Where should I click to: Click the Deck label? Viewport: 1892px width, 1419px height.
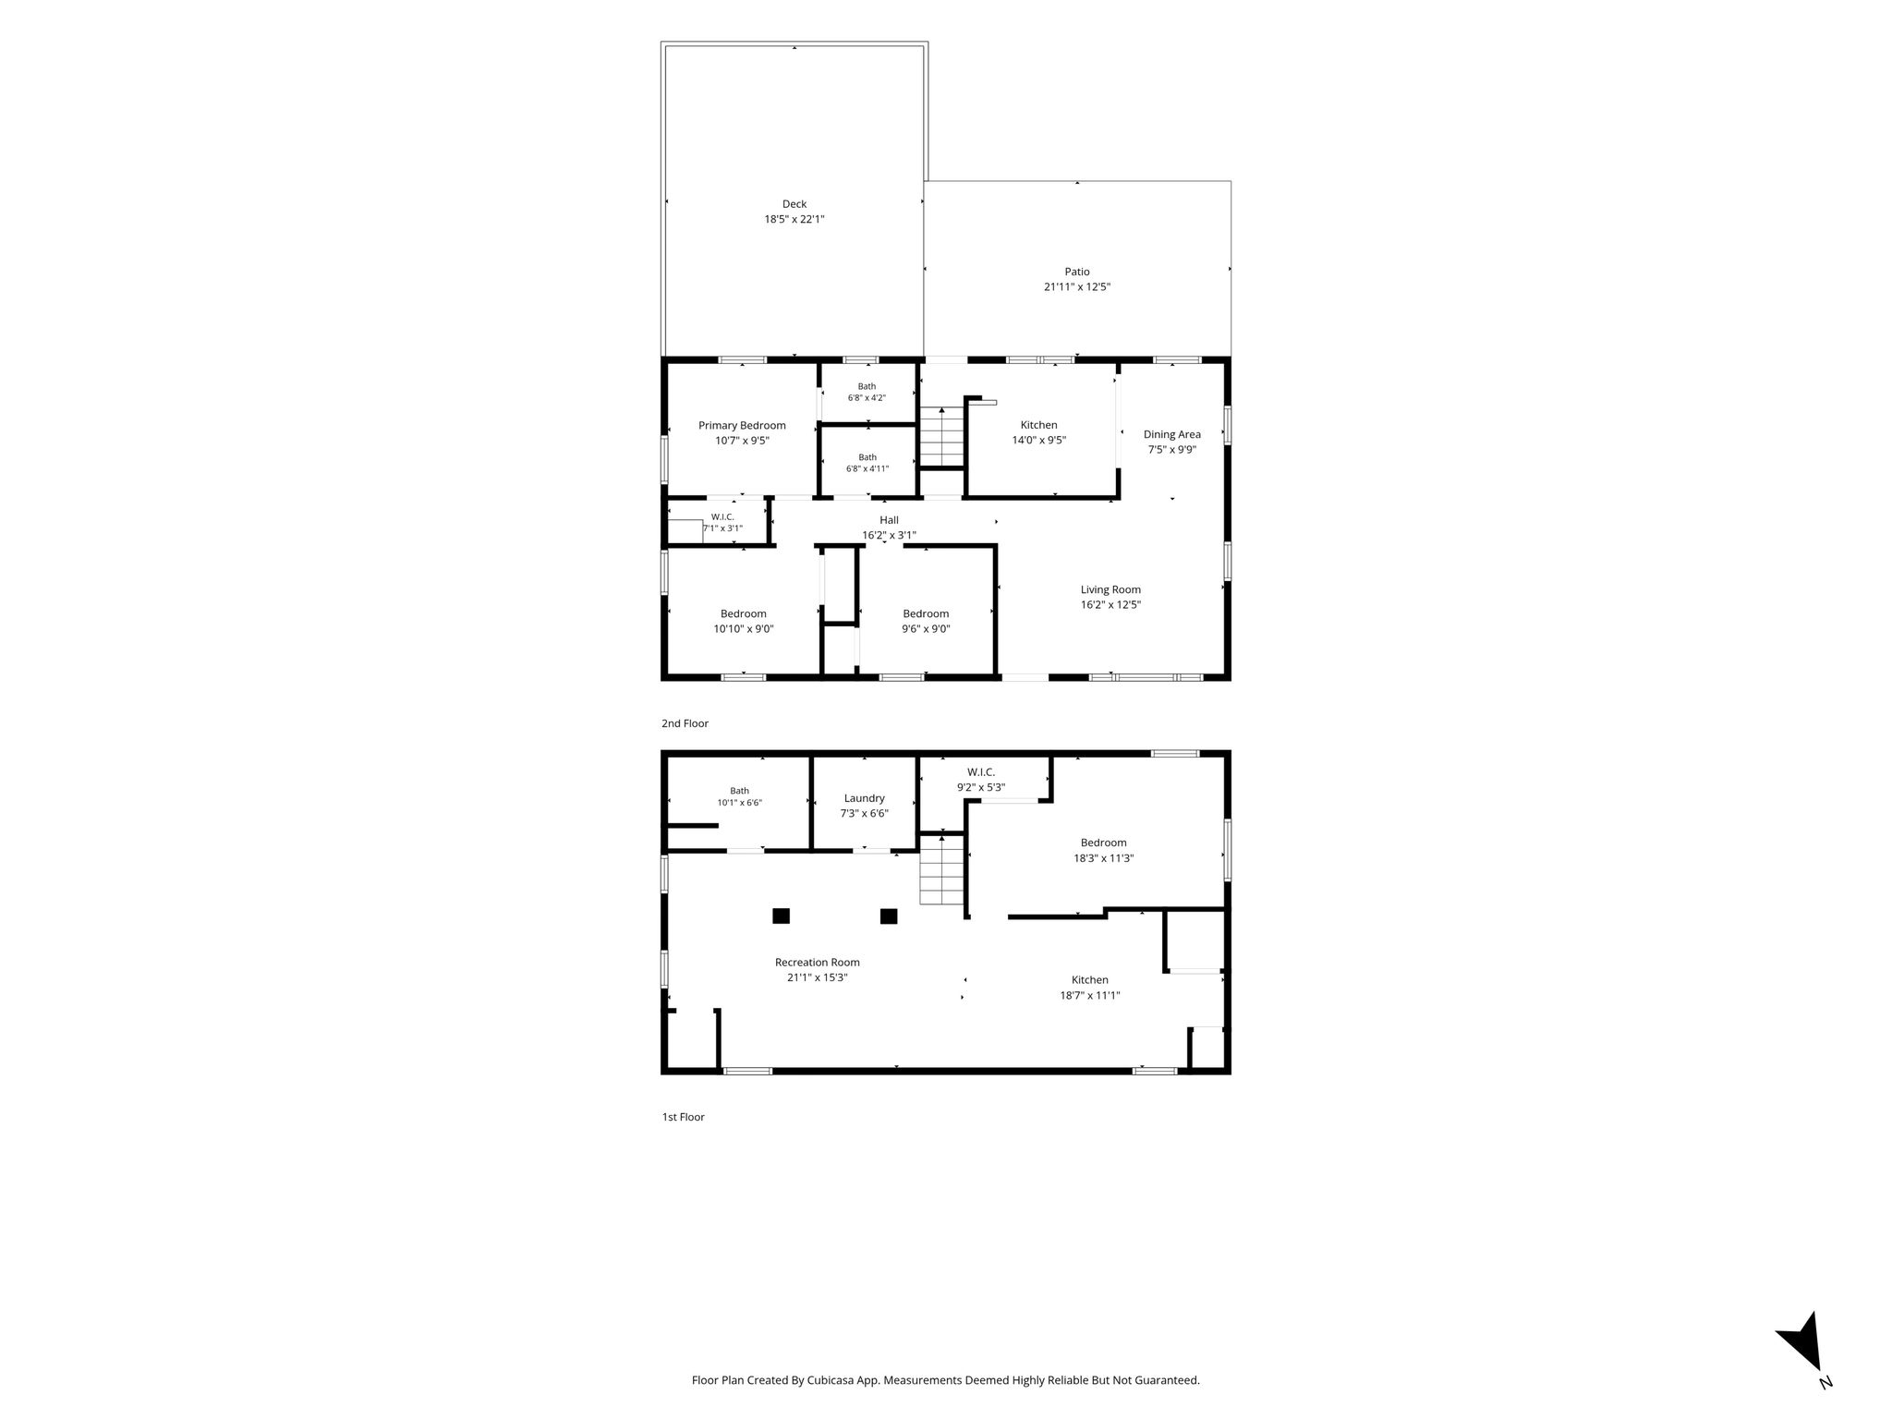(794, 204)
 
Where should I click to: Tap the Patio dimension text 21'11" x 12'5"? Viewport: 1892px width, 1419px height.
(1077, 287)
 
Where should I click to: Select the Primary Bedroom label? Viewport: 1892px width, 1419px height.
(742, 426)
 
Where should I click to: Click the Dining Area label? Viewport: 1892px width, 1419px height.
(1172, 434)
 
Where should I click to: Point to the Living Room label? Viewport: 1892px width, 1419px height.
(1110, 589)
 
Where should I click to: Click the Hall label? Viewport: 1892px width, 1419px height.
(889, 520)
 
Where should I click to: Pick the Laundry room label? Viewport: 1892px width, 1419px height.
(865, 798)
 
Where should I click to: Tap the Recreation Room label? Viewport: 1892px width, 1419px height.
(818, 962)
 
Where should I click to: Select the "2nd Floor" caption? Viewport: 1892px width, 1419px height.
(685, 723)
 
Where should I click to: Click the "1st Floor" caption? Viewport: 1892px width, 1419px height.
(683, 1117)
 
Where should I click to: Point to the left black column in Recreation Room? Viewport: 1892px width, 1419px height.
(782, 916)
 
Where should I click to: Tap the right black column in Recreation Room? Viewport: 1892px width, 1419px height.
(889, 916)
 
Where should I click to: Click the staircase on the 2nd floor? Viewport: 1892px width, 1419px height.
(941, 437)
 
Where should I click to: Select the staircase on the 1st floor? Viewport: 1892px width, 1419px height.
(941, 869)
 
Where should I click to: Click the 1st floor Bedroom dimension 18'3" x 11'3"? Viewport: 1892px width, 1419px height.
(1103, 858)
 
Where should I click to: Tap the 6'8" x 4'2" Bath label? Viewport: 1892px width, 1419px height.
(867, 393)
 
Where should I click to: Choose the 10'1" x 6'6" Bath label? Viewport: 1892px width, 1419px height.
(740, 797)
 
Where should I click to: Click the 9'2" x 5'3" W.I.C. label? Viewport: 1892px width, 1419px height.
(981, 780)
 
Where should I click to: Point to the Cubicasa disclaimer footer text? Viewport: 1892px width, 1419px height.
(946, 1380)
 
